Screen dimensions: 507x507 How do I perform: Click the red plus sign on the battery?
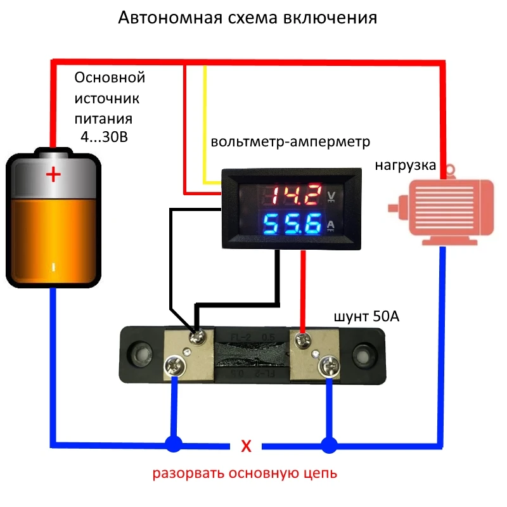click(x=54, y=174)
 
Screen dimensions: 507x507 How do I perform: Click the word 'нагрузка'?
click(x=404, y=166)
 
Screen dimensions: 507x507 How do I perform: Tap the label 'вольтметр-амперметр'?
click(x=290, y=142)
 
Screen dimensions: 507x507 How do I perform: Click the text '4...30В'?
click(x=104, y=136)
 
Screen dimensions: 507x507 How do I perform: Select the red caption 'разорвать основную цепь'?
click(x=244, y=473)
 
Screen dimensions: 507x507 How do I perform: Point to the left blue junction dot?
click(x=172, y=444)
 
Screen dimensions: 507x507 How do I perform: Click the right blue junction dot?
click(x=328, y=444)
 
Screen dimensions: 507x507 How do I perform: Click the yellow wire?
click(x=205, y=127)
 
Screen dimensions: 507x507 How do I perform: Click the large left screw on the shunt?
click(x=173, y=366)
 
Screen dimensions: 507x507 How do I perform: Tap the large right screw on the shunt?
click(x=329, y=366)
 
